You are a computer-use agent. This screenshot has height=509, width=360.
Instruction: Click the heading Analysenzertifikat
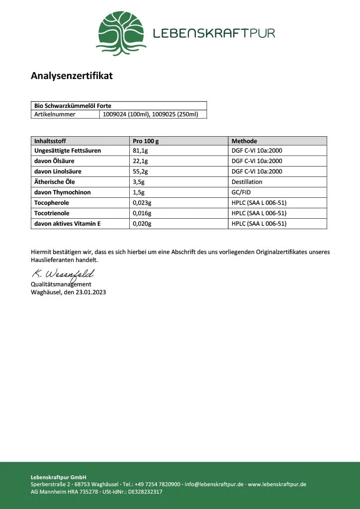click(72, 76)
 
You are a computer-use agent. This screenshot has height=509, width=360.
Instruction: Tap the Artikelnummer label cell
click(55, 114)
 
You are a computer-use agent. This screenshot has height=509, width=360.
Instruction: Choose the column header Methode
click(244, 141)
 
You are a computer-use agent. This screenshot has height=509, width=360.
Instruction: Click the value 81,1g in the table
click(140, 151)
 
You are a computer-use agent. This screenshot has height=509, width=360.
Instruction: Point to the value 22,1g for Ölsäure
click(140, 161)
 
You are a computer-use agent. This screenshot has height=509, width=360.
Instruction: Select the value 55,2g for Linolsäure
click(140, 171)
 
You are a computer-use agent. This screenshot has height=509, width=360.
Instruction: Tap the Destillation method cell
click(247, 182)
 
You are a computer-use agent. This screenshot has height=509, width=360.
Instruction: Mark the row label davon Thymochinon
click(62, 192)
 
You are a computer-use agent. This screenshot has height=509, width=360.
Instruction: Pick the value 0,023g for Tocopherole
click(142, 203)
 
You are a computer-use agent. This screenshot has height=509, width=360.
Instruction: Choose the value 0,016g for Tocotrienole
click(142, 213)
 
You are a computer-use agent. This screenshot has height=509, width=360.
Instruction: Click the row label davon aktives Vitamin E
click(68, 224)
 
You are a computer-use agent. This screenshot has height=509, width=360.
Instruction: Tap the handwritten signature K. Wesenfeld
click(63, 274)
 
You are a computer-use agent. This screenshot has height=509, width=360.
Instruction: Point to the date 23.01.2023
click(91, 292)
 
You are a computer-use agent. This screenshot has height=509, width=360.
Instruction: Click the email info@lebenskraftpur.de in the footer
click(214, 484)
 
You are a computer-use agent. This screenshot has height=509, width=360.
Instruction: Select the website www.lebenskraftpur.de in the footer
click(277, 484)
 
